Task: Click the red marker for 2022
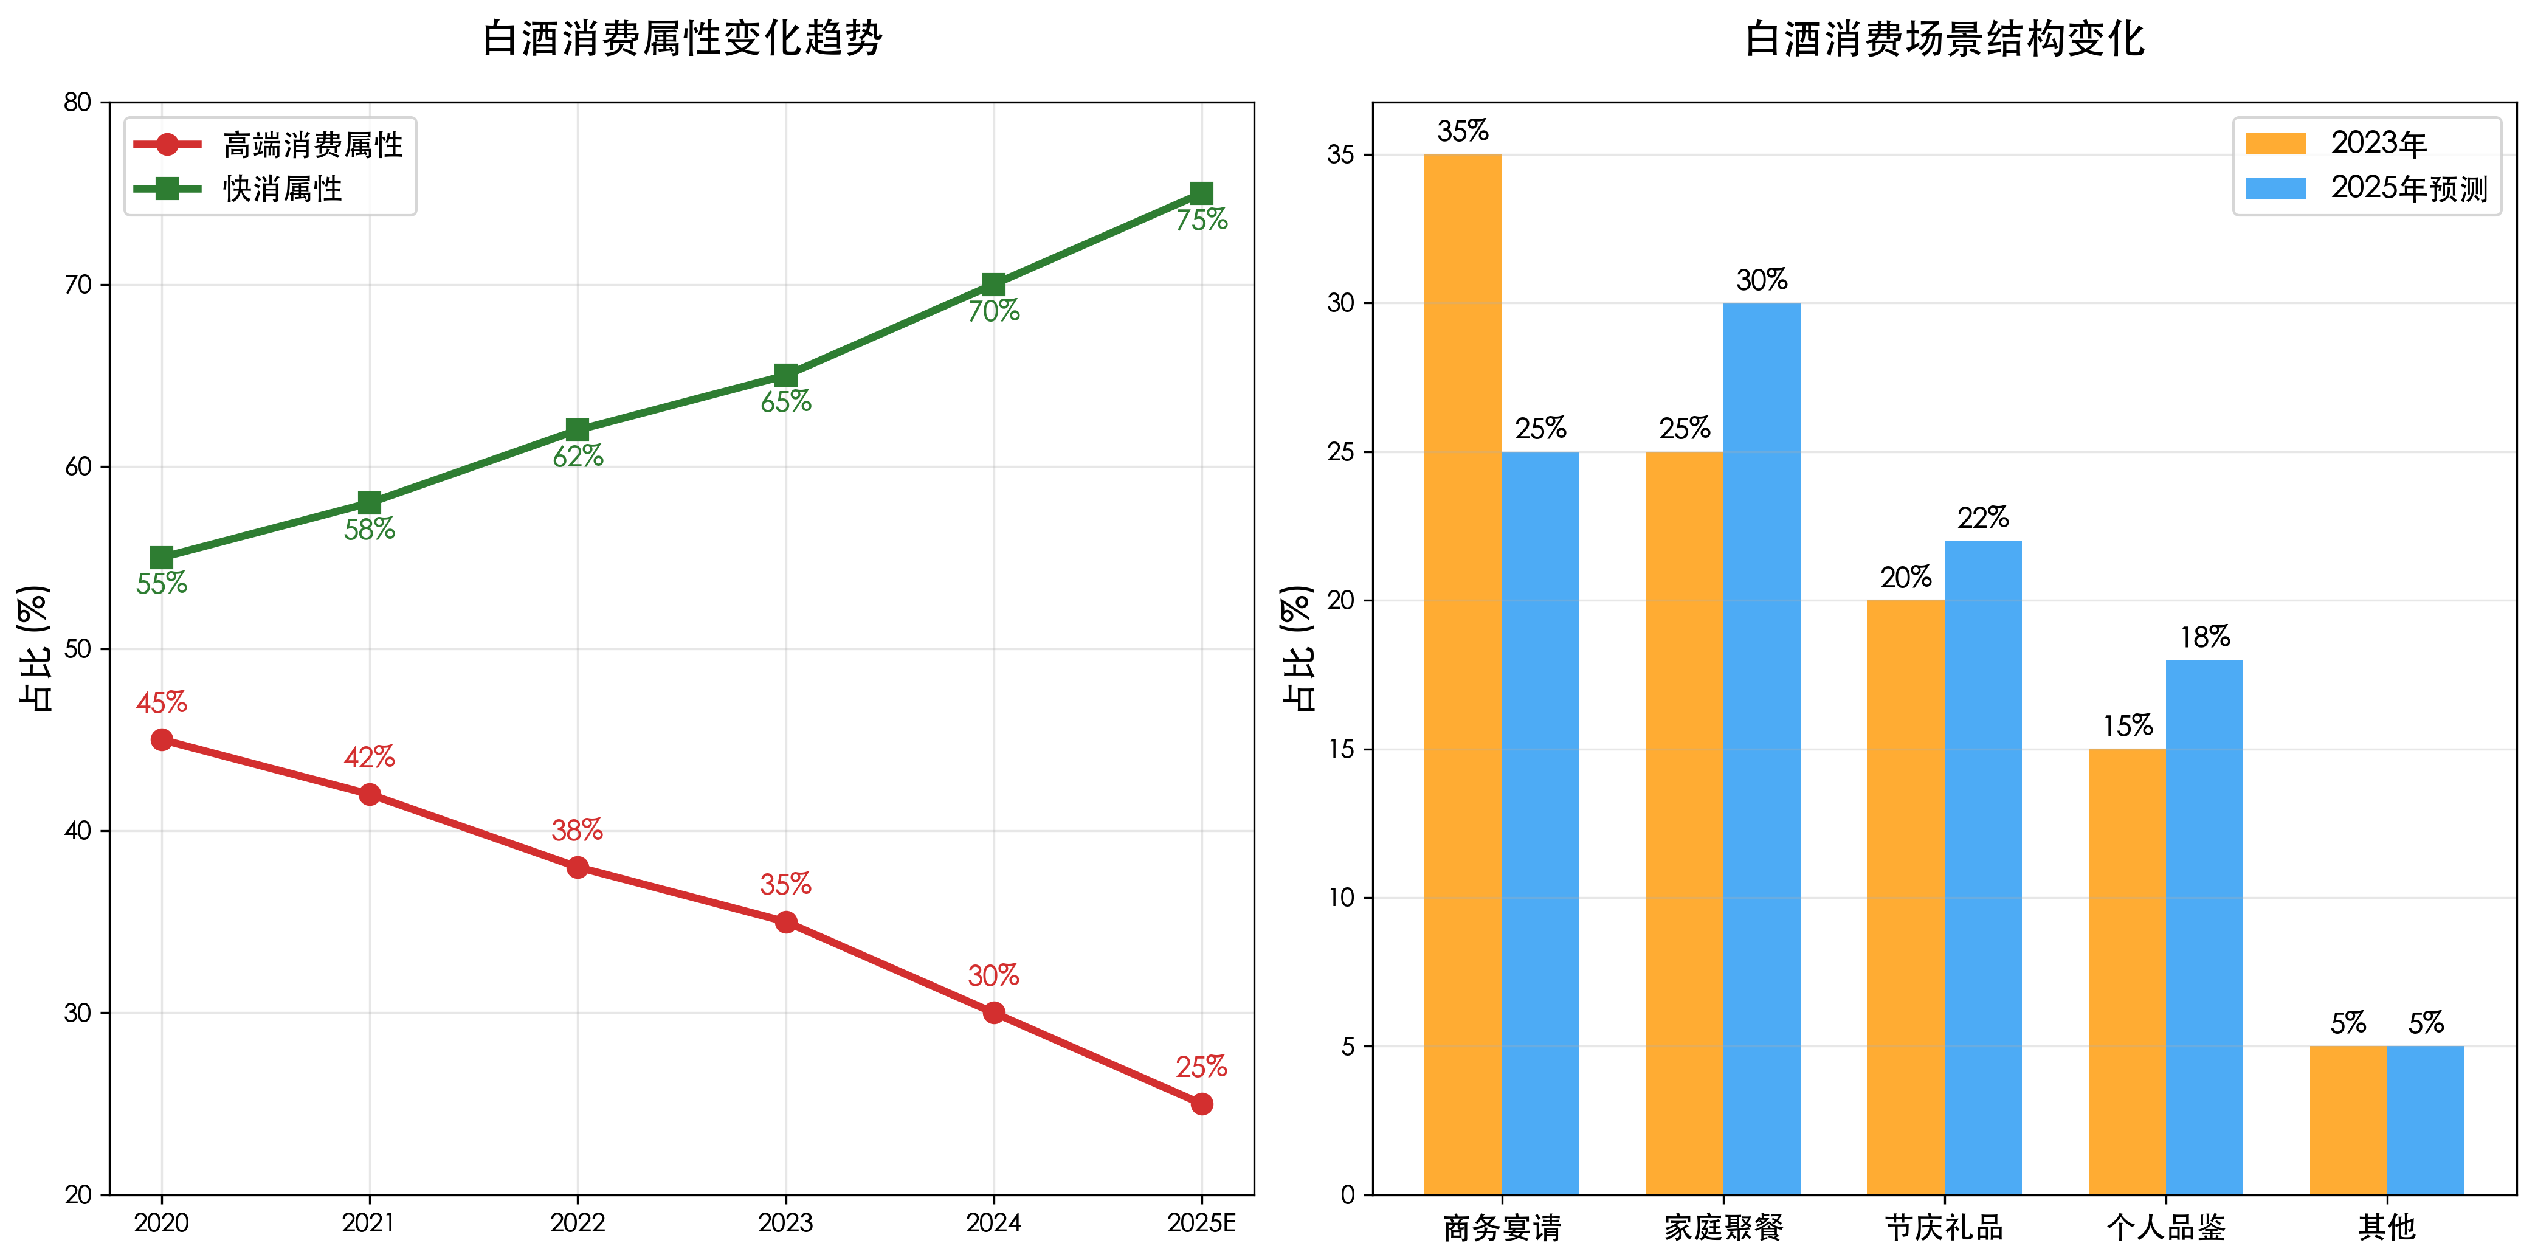point(578,867)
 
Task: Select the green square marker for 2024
point(994,285)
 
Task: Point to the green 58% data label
point(369,530)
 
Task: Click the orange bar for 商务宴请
point(1463,674)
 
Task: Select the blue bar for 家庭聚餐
point(1762,748)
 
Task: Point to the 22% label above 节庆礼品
point(1983,517)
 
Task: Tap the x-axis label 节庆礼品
point(1945,1228)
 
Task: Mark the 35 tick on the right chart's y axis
point(1340,154)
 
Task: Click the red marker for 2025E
point(1202,1104)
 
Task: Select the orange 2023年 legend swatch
point(2275,144)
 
